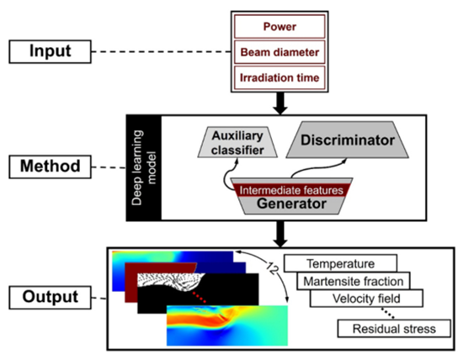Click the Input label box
50,51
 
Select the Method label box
50,167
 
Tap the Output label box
50,298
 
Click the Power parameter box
279,27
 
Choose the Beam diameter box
279,52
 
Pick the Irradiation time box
279,77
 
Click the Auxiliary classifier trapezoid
237,142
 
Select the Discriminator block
347,140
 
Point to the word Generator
291,204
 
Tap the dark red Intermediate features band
291,190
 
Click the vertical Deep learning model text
144,167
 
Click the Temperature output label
340,263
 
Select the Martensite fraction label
354,281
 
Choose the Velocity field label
366,299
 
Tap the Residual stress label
394,328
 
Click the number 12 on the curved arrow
272,267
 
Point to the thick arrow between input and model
280,103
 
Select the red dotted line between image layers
199,297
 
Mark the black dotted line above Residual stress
387,313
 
